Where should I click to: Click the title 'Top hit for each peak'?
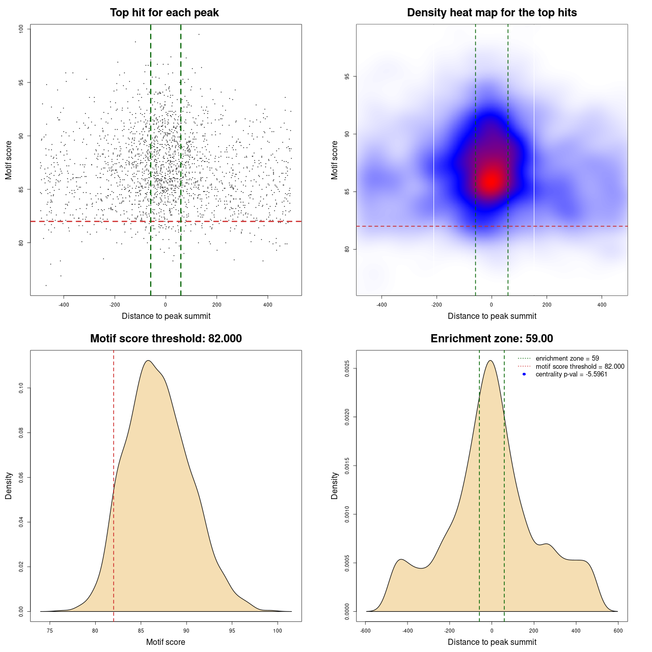point(164,13)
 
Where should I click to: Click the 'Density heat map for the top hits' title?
point(492,13)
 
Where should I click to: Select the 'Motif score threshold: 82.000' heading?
point(166,339)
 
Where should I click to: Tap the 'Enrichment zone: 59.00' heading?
point(492,339)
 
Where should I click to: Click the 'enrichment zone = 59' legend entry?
point(567,359)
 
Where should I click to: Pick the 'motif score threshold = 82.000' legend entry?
point(580,366)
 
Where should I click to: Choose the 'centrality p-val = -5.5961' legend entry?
point(571,374)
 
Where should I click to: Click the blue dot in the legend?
point(524,374)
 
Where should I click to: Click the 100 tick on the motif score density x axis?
point(277,631)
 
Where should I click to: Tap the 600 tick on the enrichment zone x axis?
point(618,631)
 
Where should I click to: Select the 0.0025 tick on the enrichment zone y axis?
point(347,368)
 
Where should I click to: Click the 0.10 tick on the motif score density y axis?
point(21,388)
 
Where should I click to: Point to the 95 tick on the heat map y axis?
point(347,76)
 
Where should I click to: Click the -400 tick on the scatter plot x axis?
point(64,305)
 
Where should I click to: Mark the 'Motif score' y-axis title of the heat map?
point(335,160)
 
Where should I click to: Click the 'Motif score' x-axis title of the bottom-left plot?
point(166,642)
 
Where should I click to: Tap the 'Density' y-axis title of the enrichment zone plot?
point(335,485)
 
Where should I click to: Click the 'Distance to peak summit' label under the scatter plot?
point(166,316)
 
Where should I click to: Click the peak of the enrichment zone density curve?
point(491,361)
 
